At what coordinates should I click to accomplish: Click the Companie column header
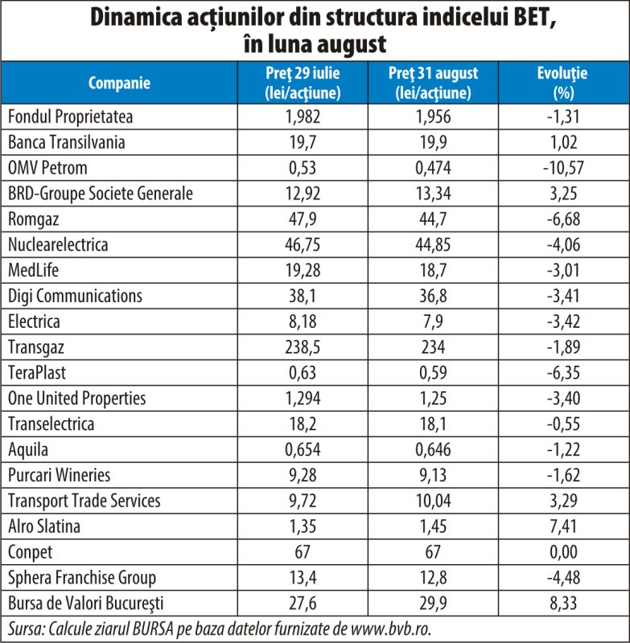(x=119, y=83)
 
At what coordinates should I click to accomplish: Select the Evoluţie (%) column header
(x=562, y=83)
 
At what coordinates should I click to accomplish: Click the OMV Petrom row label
(x=47, y=168)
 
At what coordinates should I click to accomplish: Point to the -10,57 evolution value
(x=563, y=168)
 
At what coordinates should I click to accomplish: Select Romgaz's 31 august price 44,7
(x=433, y=219)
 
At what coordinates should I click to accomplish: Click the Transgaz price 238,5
(x=303, y=347)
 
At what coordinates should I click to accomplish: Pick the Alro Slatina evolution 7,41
(x=563, y=526)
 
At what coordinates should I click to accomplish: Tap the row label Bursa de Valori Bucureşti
(x=86, y=603)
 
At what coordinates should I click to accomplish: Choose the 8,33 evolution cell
(x=563, y=603)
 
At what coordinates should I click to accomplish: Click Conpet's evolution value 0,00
(x=563, y=551)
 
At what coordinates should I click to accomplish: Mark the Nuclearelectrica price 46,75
(x=303, y=244)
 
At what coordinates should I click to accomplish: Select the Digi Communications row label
(x=75, y=296)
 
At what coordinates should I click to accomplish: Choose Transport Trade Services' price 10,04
(x=433, y=501)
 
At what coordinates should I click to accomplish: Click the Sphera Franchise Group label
(x=82, y=577)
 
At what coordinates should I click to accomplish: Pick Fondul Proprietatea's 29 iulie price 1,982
(x=303, y=117)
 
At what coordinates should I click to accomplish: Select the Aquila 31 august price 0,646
(x=433, y=449)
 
